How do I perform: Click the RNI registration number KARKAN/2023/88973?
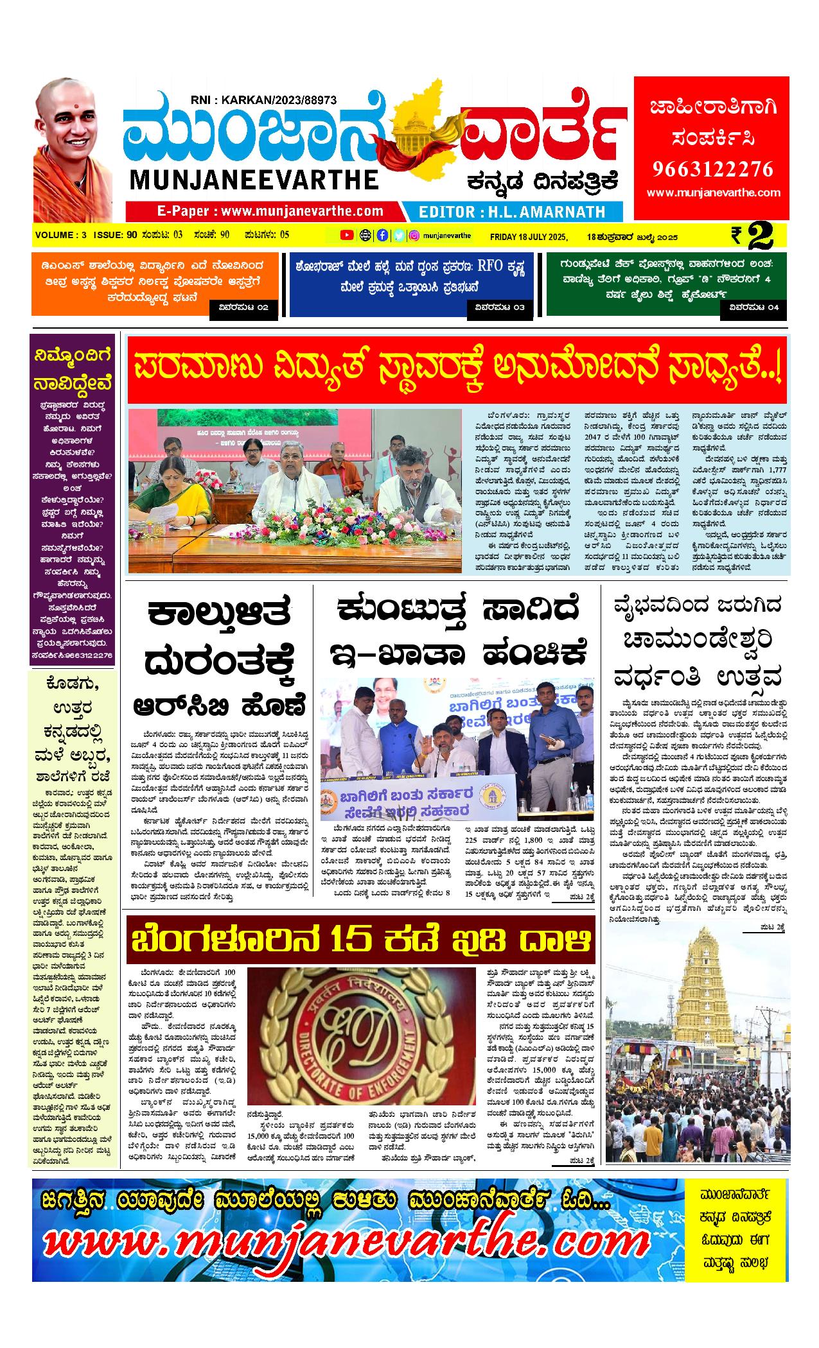(x=263, y=99)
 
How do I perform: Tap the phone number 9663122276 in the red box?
(x=712, y=169)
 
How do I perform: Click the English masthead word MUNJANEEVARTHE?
(x=254, y=180)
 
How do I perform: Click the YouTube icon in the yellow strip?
(x=346, y=235)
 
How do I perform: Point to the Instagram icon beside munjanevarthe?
(x=414, y=235)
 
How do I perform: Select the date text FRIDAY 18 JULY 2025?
(x=529, y=236)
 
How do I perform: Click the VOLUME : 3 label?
(x=61, y=235)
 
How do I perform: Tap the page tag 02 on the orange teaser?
(x=244, y=308)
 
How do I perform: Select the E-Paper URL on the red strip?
(x=270, y=211)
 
